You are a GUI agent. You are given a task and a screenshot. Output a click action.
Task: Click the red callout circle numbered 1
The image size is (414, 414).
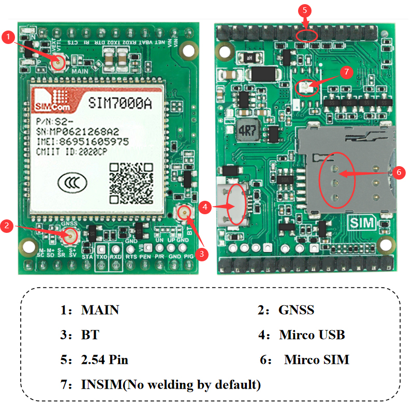[8, 37]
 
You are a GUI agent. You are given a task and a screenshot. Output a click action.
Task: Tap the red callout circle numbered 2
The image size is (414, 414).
[7, 226]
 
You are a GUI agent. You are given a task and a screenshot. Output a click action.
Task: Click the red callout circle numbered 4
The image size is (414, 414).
[205, 207]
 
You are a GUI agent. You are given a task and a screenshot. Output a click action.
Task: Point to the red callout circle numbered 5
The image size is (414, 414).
[305, 10]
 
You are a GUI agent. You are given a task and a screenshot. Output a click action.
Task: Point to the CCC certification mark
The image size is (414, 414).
[69, 182]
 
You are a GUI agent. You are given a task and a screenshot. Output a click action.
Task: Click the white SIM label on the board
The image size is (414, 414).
[362, 224]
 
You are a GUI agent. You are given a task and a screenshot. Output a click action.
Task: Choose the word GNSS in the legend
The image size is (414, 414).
[296, 310]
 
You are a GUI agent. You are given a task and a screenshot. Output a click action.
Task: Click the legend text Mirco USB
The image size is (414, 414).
[312, 335]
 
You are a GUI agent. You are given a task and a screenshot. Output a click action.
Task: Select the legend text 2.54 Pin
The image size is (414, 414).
[105, 360]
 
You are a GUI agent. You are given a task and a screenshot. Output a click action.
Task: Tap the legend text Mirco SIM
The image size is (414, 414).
[317, 360]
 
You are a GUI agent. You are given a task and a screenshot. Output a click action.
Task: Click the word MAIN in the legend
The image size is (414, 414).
[100, 310]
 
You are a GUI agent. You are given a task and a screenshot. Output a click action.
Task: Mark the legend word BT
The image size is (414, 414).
[90, 335]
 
